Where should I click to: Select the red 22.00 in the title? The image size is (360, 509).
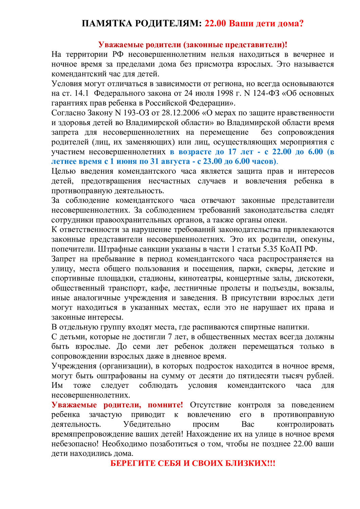point(215,23)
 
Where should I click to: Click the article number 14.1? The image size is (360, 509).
point(81,93)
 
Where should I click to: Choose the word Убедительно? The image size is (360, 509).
point(147,425)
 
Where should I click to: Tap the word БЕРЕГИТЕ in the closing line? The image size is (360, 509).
point(132,464)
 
